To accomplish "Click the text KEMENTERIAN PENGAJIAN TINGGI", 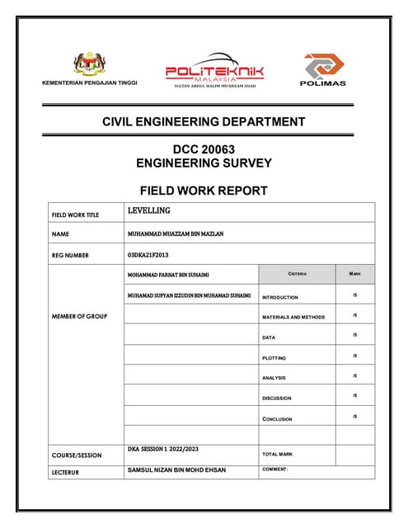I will tap(90, 83).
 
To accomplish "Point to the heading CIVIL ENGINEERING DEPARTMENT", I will tap(204, 122).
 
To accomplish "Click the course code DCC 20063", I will tap(204, 149).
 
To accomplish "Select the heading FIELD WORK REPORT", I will tap(204, 191).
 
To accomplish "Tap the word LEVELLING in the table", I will tap(149, 211).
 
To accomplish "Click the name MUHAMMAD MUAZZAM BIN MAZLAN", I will tap(176, 233).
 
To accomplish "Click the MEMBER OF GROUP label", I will tap(79, 316).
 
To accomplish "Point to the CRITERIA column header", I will tap(297, 273).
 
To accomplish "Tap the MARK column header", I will tap(354, 273).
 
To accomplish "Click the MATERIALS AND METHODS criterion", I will tap(293, 317).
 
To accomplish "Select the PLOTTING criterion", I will tap(274, 358).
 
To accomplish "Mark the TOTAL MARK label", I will tap(279, 454).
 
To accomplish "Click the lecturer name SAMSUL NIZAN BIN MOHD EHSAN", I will tap(176, 470).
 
